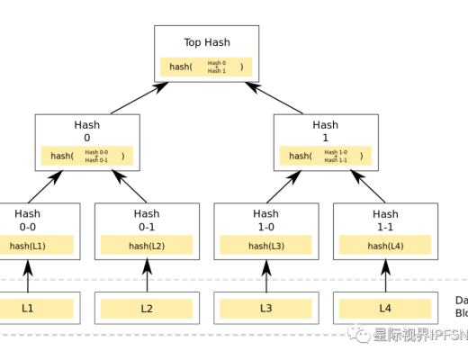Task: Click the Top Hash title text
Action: point(206,42)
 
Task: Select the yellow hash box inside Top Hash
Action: point(206,67)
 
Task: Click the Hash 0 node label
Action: point(87,131)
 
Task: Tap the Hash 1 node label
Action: point(325,131)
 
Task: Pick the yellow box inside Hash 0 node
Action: point(87,156)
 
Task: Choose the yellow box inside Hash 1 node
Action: point(325,156)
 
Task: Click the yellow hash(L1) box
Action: point(28,245)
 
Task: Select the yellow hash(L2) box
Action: point(147,245)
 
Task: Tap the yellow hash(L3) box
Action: point(265,245)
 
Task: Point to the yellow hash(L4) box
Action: point(384,245)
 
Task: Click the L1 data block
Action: point(28,309)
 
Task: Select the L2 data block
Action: point(147,309)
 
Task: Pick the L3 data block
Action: point(265,309)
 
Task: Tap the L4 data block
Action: point(384,309)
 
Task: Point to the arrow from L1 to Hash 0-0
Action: point(28,277)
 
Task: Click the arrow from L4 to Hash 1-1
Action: point(384,277)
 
